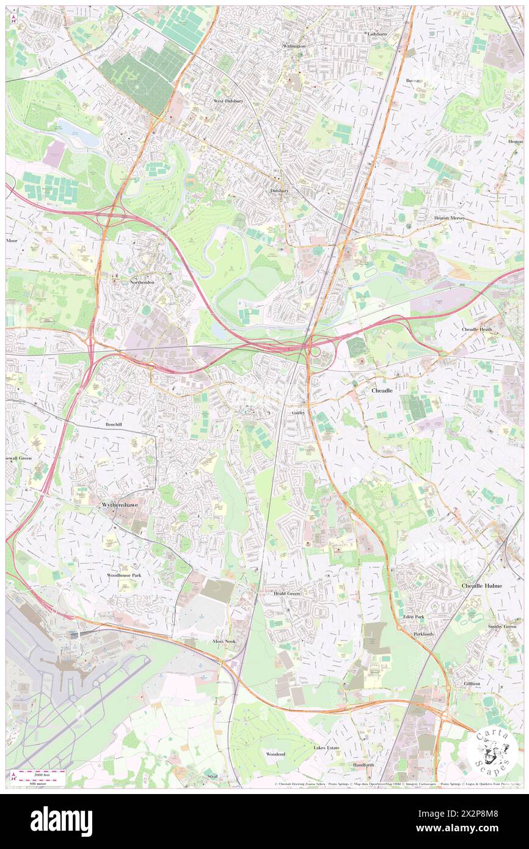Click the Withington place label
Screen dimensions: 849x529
point(294,46)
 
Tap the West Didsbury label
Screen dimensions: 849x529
point(228,100)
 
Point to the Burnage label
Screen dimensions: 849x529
point(414,81)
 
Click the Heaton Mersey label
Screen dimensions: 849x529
point(450,217)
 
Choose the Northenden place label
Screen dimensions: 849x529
point(142,282)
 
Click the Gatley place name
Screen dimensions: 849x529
point(298,413)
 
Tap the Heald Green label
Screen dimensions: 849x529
point(286,593)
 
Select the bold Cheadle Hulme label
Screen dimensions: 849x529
point(481,585)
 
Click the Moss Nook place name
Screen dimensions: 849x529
point(224,641)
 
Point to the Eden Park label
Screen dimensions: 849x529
point(413,617)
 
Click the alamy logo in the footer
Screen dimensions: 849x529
point(61,820)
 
